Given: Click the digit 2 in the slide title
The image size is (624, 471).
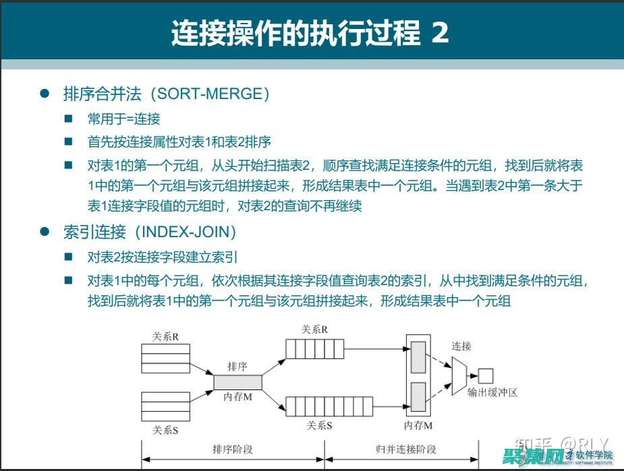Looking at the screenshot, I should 439,32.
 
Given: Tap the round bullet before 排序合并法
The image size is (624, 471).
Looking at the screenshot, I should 45,94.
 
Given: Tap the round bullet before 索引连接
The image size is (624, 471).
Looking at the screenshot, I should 45,232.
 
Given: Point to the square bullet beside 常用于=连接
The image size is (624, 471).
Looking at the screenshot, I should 68,119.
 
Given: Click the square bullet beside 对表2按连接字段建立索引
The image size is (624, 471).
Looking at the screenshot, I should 68,257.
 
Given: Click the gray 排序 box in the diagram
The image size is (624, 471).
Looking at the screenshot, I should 237,381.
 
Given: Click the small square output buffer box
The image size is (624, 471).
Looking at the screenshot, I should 486,376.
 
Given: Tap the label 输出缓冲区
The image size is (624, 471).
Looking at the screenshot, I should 492,392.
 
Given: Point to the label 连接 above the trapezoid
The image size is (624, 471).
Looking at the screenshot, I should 461,346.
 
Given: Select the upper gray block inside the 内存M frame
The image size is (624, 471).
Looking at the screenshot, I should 418,357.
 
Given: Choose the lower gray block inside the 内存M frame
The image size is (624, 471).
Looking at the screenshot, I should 418,396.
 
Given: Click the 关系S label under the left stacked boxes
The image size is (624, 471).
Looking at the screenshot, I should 165,430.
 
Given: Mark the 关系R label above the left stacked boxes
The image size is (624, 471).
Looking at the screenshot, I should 165,337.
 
